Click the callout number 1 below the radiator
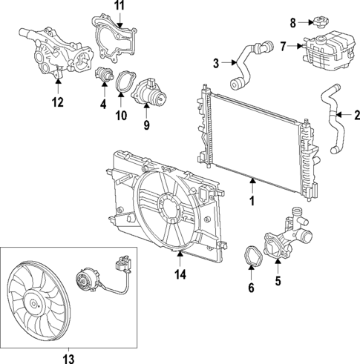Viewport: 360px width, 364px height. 253,199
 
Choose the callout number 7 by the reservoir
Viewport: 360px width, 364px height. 282,46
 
